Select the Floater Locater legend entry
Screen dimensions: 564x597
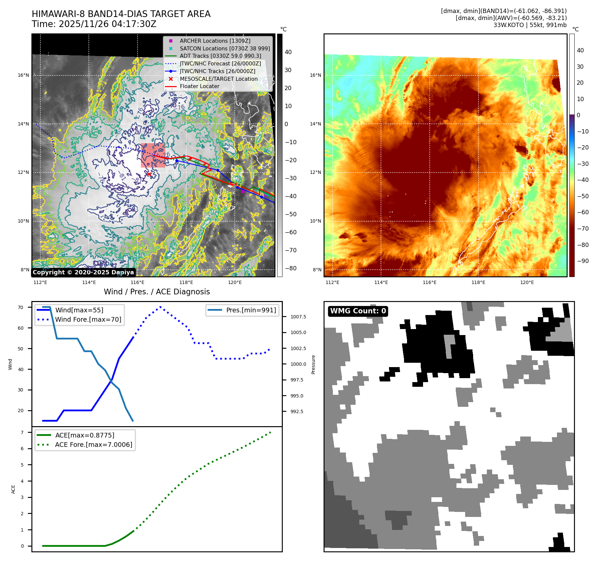click(x=199, y=86)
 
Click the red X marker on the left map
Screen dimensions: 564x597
click(x=149, y=174)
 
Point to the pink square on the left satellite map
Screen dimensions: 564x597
click(x=153, y=155)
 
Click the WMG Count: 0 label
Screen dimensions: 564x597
click(x=358, y=311)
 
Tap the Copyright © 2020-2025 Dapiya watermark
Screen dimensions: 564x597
click(x=83, y=272)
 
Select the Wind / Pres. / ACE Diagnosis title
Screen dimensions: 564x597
click(x=157, y=292)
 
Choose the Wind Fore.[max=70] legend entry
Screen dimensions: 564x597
click(x=88, y=319)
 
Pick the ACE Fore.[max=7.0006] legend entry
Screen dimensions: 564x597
click(x=93, y=445)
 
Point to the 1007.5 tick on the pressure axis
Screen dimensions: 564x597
click(x=298, y=317)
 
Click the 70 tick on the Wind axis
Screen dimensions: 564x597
click(x=21, y=307)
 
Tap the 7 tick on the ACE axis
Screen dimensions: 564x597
click(x=22, y=433)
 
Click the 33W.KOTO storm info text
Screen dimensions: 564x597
click(x=530, y=25)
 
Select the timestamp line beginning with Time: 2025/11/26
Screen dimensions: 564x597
click(x=94, y=24)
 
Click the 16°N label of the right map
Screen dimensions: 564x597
click(x=316, y=75)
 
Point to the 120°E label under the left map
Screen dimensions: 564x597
click(x=235, y=282)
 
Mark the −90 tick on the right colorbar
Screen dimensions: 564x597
click(x=583, y=261)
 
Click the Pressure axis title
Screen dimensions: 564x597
click(x=313, y=364)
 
